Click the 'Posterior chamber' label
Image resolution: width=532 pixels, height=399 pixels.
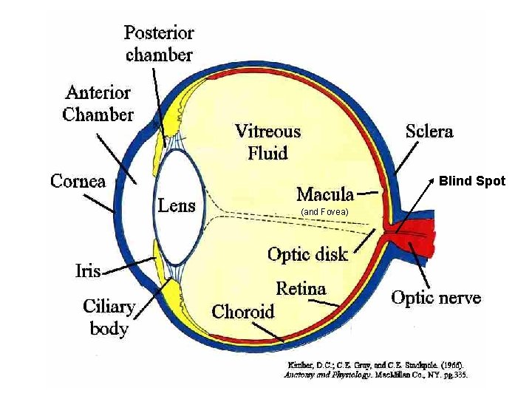pyautogui.click(x=159, y=44)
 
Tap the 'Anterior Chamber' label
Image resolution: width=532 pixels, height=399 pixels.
pyautogui.click(x=98, y=103)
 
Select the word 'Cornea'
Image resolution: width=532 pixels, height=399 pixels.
pyautogui.click(x=78, y=181)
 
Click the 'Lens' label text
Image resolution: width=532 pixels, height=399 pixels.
pyautogui.click(x=177, y=205)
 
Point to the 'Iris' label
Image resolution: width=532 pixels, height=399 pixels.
pyautogui.click(x=87, y=270)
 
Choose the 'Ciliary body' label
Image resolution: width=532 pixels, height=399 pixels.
pyautogui.click(x=109, y=317)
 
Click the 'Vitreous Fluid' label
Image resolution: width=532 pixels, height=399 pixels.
pyautogui.click(x=267, y=142)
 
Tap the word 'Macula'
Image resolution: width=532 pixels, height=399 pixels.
pyautogui.click(x=324, y=194)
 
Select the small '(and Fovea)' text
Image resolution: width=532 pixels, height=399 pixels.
pyautogui.click(x=325, y=213)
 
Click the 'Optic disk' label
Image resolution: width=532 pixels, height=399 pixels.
pyautogui.click(x=307, y=255)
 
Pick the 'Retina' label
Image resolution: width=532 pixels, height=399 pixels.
pyautogui.click(x=301, y=288)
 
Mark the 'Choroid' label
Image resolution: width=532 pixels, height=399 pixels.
pyautogui.click(x=242, y=311)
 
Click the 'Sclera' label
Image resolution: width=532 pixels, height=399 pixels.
pyautogui.click(x=429, y=132)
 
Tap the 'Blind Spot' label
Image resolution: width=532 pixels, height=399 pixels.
pyautogui.click(x=472, y=180)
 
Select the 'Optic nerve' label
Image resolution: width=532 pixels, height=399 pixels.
pyautogui.click(x=436, y=298)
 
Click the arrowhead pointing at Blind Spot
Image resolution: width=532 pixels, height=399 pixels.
pyautogui.click(x=432, y=181)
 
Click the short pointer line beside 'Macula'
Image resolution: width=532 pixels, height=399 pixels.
pyautogui.click(x=369, y=194)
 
